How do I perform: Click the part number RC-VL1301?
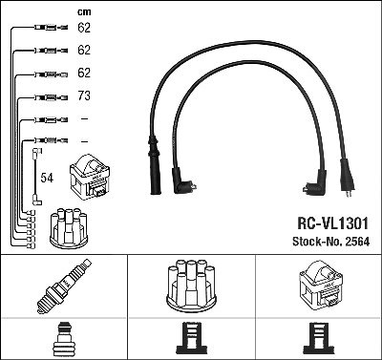[x=332, y=223]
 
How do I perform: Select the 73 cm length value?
[x=84, y=95]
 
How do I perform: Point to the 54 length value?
[x=47, y=178]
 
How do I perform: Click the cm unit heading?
[x=84, y=12]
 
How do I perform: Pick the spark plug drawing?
[x=64, y=286]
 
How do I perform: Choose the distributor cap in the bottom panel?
[x=191, y=286]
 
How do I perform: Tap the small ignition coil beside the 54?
[x=90, y=177]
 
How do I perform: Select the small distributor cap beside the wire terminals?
[x=69, y=227]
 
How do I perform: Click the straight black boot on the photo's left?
[x=155, y=165]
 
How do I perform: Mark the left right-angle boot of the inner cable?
[x=182, y=182]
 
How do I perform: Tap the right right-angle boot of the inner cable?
[x=315, y=183]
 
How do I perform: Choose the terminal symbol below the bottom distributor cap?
[x=191, y=338]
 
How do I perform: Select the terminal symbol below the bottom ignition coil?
[x=320, y=338]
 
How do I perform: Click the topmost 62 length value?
[x=84, y=28]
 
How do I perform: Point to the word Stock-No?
[x=316, y=242]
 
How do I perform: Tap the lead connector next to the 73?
[x=51, y=97]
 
